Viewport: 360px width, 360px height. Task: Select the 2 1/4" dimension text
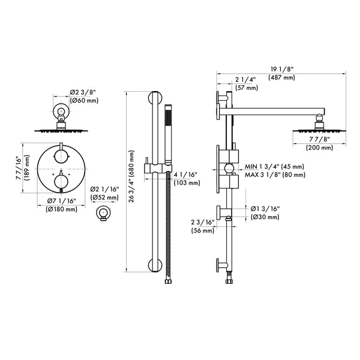(x=246, y=79)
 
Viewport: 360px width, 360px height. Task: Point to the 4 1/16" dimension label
(x=186, y=175)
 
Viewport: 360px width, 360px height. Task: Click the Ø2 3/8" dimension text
(x=82, y=91)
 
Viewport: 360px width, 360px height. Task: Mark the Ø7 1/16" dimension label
(x=62, y=201)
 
